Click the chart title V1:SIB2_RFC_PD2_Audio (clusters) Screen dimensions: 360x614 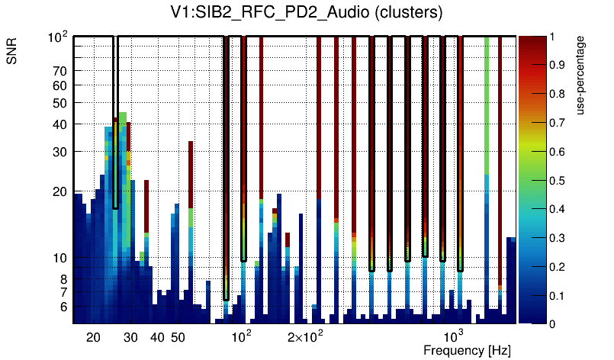tap(307, 13)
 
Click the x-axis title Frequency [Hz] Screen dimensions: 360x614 tap(467, 351)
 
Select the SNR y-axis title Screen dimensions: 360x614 tap(12, 53)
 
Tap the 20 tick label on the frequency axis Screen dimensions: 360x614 tap(93, 337)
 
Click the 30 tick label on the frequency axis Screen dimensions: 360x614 tap(130, 337)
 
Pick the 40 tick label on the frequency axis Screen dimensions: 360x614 tap(157, 337)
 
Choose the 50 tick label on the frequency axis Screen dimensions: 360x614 tap(178, 337)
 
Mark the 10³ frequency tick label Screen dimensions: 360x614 tap(454, 336)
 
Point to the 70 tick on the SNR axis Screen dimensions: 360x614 tap(61, 71)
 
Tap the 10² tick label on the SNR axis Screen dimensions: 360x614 tap(59, 37)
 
